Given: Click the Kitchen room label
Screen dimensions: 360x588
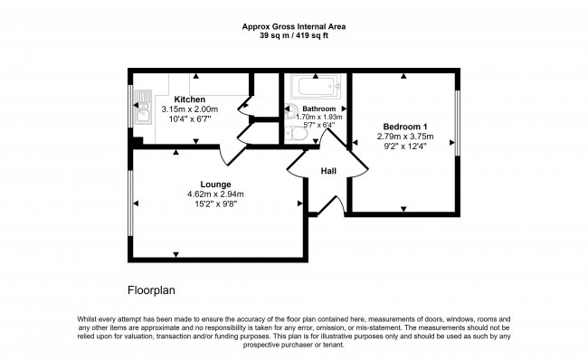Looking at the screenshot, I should pos(189,99).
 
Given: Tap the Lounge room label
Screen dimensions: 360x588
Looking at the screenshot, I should pos(215,185).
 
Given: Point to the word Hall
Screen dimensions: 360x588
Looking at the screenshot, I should pos(328,170).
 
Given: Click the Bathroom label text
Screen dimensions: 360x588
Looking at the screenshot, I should pos(318,109).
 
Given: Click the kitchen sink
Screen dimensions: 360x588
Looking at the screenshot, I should pos(142,107).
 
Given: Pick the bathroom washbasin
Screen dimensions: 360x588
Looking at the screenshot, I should pos(290,114).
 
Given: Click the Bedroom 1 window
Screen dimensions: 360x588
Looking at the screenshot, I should pos(457,121).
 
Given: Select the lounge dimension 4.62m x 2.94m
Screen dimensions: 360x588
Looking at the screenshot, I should pos(215,194).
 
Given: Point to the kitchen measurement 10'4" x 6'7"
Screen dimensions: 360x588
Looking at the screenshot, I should pos(189,118).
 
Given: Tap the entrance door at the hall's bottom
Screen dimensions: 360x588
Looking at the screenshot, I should pos(331,204).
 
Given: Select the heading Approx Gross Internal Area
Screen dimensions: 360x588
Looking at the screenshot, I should pos(293,27).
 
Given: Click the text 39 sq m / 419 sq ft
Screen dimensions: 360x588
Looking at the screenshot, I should pos(293,36).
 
